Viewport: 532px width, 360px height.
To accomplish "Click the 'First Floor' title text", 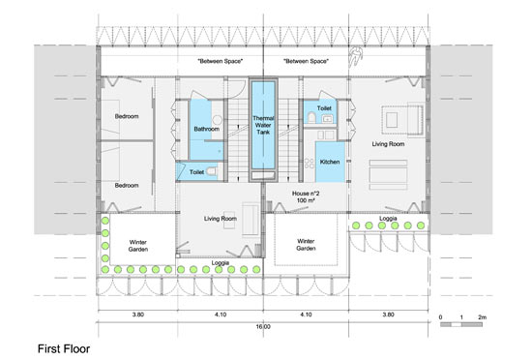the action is (64, 348).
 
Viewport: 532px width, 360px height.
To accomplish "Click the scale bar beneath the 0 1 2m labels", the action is (461, 325).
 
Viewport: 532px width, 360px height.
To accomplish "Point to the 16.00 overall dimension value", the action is (263, 327).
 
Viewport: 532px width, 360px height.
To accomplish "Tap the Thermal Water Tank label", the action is (263, 125).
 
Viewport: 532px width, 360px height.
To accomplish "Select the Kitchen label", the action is (330, 162).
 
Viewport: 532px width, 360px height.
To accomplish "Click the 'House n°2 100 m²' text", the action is (306, 196).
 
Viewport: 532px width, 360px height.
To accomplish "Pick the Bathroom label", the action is (207, 129).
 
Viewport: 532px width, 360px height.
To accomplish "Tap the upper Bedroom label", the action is (127, 116).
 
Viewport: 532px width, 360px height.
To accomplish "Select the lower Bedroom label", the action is (127, 185).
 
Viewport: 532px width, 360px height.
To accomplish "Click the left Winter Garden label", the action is (138, 246).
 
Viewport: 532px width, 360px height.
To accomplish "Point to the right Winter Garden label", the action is (306, 245).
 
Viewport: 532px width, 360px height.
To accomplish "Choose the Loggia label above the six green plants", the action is (388, 218).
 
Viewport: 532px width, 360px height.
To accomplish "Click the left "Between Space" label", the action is (221, 61).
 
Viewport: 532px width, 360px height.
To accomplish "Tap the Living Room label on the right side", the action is (388, 144).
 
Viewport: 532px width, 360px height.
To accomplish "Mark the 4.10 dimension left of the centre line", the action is (221, 315).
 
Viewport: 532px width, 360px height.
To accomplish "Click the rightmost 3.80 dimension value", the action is (388, 315).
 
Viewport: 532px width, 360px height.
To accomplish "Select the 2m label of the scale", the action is (482, 317).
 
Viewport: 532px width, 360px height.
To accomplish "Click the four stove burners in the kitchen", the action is (310, 164).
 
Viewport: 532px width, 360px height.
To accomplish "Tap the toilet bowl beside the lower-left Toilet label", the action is (212, 171).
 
